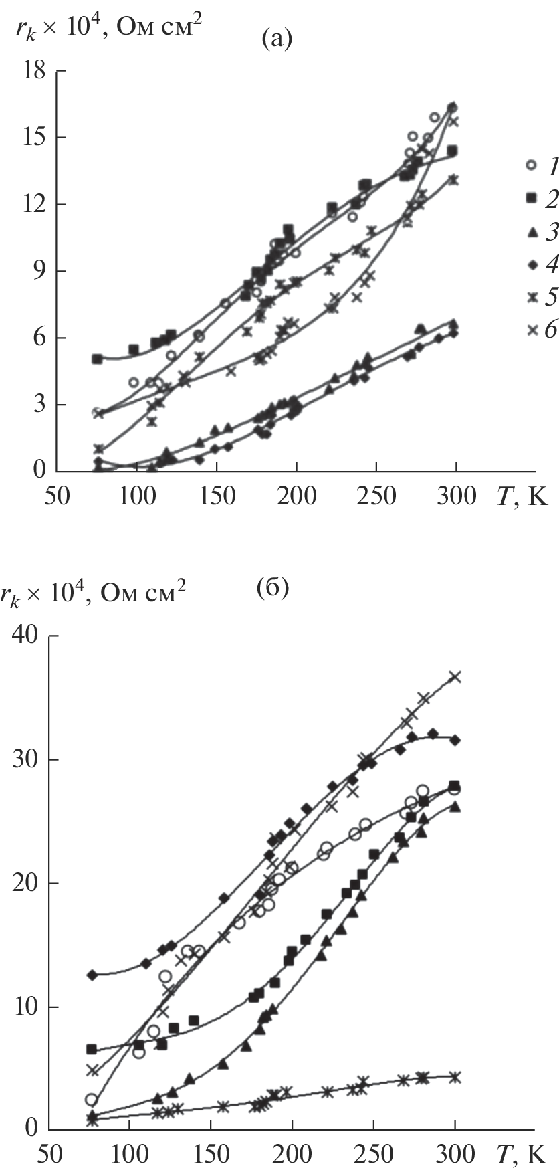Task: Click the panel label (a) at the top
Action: click(276, 40)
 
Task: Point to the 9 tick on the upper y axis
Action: click(39, 271)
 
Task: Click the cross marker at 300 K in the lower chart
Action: click(455, 676)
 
